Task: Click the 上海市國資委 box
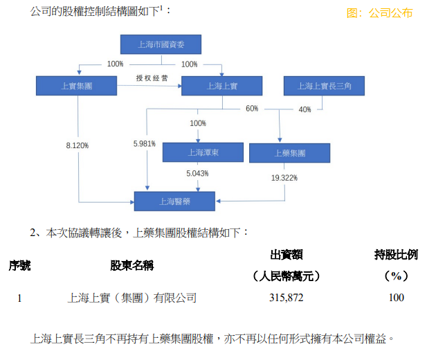[x=161, y=44]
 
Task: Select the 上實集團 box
[x=76, y=86]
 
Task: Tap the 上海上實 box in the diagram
[x=221, y=86]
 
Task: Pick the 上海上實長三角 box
[x=324, y=86]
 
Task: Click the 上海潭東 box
[x=203, y=152]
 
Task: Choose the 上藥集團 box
[x=289, y=153]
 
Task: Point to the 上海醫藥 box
[x=174, y=201]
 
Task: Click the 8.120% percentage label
[x=78, y=145]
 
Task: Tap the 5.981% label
[x=145, y=144]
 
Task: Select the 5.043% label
[x=197, y=173]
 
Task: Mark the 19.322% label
[x=284, y=178]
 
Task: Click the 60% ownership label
[x=252, y=109]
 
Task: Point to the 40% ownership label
[x=305, y=109]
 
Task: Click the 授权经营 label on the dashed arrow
[x=152, y=78]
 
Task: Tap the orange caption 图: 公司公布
[x=379, y=13]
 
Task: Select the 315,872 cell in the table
[x=286, y=298]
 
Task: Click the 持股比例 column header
[x=396, y=255]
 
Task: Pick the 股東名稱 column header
[x=132, y=265]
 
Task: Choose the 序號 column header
[x=19, y=265]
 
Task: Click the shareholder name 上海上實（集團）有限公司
[x=132, y=298]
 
